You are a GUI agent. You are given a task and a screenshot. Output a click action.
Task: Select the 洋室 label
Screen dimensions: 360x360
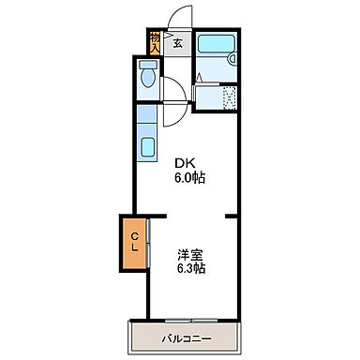tap(191, 254)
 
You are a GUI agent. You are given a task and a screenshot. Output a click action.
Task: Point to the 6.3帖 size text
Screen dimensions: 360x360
tap(191, 268)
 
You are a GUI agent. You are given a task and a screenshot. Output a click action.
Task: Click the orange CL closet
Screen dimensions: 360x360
tap(134, 244)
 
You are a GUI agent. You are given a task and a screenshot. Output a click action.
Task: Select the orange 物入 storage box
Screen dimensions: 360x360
tap(155, 43)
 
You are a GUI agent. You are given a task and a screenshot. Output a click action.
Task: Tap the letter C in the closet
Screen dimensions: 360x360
tap(134, 237)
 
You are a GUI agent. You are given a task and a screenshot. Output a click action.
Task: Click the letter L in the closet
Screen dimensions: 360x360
tap(134, 250)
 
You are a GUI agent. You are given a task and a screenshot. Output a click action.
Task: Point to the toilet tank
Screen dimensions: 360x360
tap(147, 67)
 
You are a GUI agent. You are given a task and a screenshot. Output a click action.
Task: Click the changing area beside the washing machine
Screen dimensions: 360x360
tap(207, 97)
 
